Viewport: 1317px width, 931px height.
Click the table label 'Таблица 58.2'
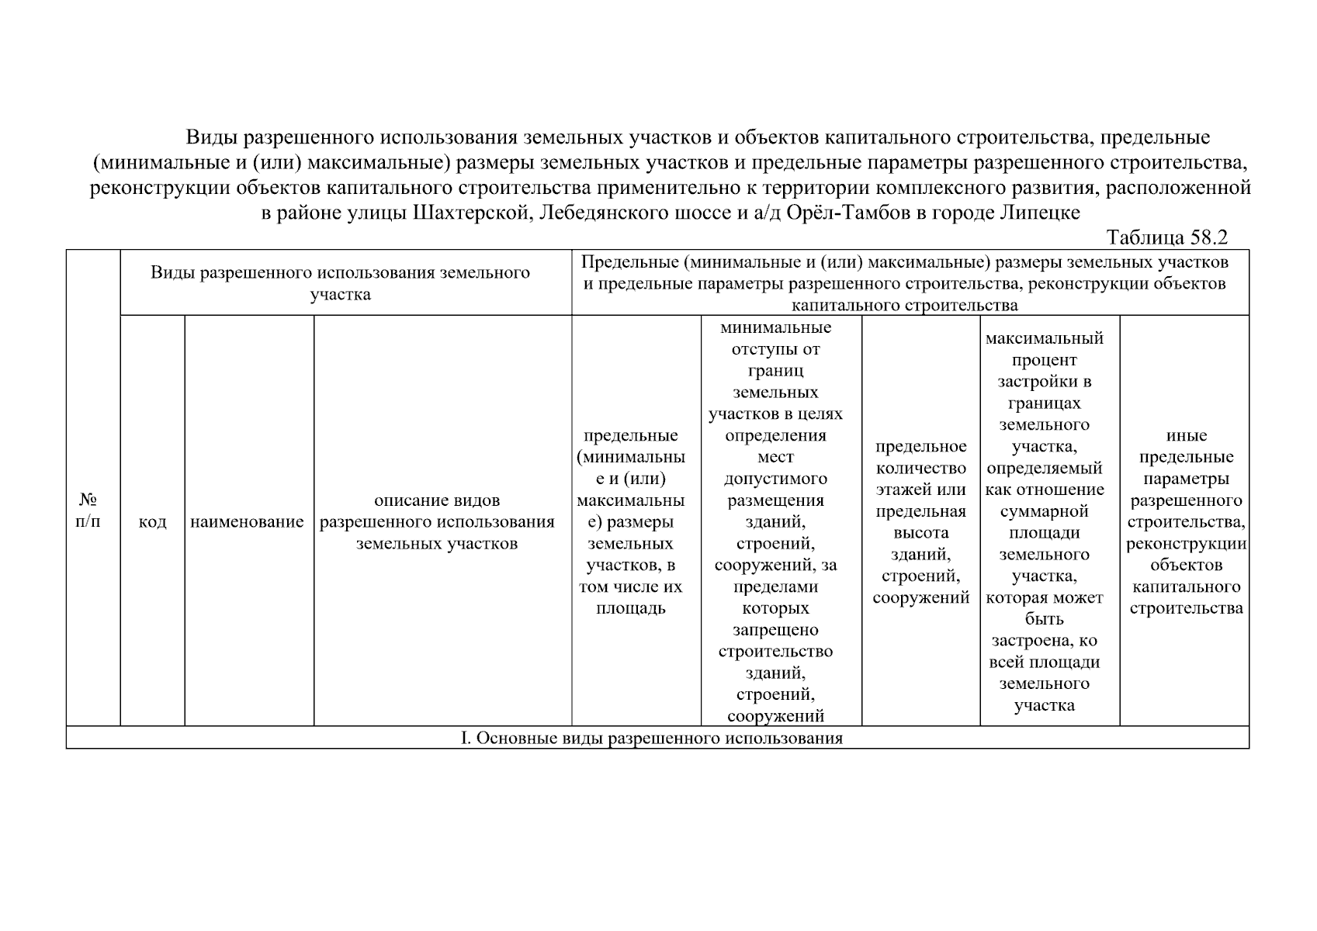pyautogui.click(x=1166, y=237)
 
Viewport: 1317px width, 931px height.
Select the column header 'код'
pyautogui.click(x=152, y=522)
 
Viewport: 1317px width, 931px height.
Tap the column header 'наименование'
pyautogui.click(x=247, y=522)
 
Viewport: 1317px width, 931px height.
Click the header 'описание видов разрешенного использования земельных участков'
pyautogui.click(x=437, y=521)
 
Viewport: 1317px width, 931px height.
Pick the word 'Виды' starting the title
pyautogui.click(x=210, y=138)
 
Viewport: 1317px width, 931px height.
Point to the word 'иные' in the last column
pyautogui.click(x=1186, y=436)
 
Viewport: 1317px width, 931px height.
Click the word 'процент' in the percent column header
pyautogui.click(x=1044, y=360)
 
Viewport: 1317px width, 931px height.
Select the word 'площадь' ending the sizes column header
pyautogui.click(x=630, y=608)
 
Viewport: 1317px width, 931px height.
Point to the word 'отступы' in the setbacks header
pyautogui.click(x=775, y=349)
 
